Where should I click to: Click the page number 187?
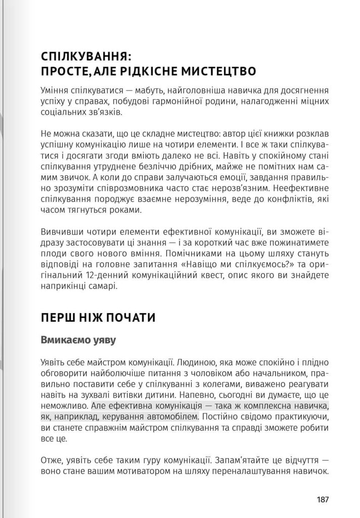pyautogui.click(x=323, y=499)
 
